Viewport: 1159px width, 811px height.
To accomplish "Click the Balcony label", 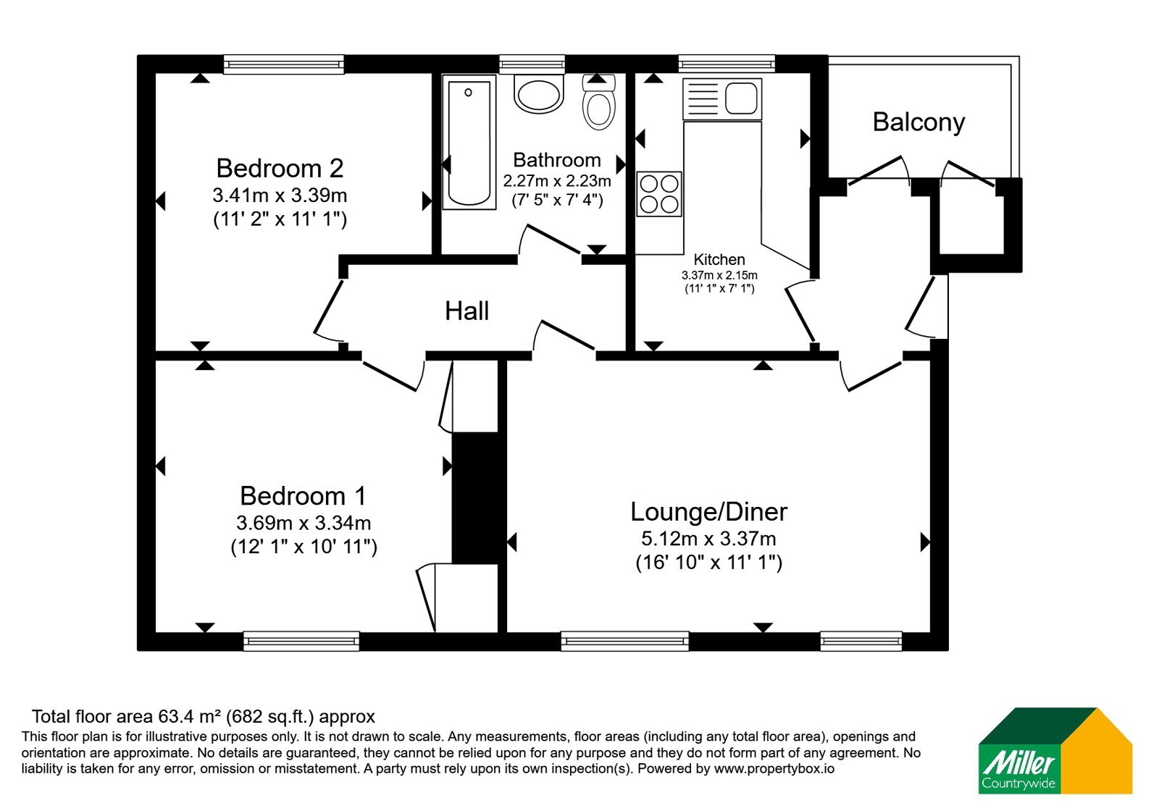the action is [x=919, y=123].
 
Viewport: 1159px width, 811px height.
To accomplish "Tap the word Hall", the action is [x=466, y=311].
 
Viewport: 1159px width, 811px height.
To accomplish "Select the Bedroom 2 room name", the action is [x=280, y=168].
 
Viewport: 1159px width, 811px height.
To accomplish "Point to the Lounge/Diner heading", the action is [x=708, y=512].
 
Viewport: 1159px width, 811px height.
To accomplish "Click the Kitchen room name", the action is [x=719, y=259].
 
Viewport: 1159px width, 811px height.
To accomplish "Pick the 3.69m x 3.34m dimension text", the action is [x=304, y=523].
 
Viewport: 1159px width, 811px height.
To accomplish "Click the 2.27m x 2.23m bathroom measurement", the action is [x=557, y=181].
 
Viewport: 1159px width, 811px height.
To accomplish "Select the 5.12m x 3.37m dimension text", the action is [x=708, y=539].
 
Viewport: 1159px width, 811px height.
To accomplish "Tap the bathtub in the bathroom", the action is [x=469, y=142].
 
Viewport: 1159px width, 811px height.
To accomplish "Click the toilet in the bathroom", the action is [x=598, y=102].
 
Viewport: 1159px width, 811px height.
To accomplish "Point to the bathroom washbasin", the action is [x=539, y=94].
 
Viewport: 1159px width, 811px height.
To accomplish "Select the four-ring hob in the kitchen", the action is [x=659, y=193].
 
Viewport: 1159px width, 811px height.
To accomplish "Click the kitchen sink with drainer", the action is [x=722, y=98].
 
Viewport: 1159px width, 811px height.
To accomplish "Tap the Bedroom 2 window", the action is [x=284, y=64].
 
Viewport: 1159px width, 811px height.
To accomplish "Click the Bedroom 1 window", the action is [x=301, y=642].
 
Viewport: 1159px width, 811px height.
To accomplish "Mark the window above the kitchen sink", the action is [x=727, y=64].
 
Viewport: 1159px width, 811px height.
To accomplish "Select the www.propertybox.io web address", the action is [x=774, y=768].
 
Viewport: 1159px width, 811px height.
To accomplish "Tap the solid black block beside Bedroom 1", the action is [x=475, y=497].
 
